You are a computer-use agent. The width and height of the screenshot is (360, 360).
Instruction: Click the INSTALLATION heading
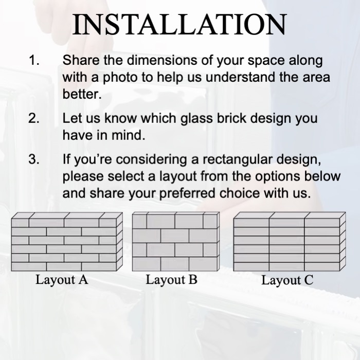click(x=180, y=24)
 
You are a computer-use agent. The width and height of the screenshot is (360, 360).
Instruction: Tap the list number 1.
click(x=34, y=60)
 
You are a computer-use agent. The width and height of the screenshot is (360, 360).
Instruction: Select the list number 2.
click(x=34, y=118)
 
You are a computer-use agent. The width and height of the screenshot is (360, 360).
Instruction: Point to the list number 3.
click(x=34, y=159)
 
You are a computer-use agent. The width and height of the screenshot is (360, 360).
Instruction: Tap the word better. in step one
click(x=82, y=94)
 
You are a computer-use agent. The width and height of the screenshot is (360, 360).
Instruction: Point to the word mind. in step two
click(x=128, y=135)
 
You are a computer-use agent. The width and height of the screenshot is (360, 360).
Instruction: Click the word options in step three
click(x=266, y=177)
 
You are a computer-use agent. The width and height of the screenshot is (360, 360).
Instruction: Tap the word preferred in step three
click(x=187, y=194)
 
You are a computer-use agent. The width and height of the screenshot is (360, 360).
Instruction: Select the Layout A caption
click(x=62, y=280)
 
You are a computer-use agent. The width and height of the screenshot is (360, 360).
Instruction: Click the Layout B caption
click(x=171, y=280)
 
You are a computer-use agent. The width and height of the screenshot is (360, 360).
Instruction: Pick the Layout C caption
click(x=287, y=280)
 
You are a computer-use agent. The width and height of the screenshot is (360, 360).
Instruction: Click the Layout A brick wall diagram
click(x=67, y=242)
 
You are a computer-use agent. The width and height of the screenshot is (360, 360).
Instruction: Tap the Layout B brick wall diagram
click(x=176, y=242)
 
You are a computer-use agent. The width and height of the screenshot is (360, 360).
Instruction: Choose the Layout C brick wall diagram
click(x=290, y=242)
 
